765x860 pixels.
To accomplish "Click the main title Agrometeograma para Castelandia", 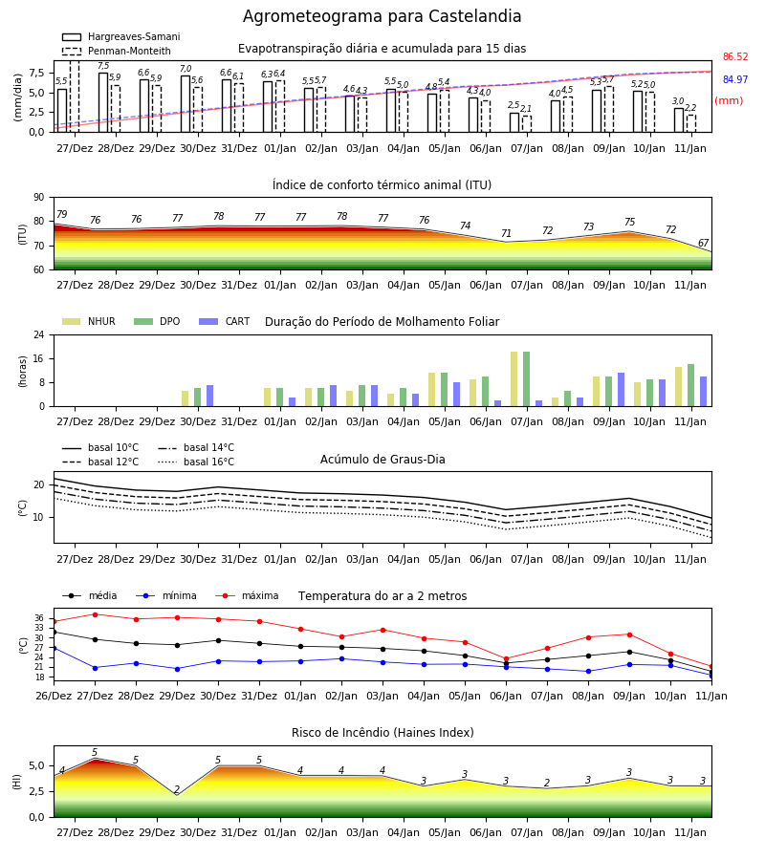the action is pos(382,16).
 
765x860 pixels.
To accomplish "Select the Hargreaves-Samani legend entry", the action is pos(120,36).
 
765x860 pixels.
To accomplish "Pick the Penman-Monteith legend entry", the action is pos(117,51).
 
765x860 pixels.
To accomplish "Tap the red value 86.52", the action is pos(734,57).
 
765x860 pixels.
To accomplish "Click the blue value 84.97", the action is pos(734,79).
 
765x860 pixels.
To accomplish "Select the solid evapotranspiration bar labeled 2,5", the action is pos(514,122).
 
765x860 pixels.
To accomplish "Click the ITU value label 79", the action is pos(61,214).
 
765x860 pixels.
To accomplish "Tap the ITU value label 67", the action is pos(703,243).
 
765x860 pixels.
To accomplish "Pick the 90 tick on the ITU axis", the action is pos(39,198).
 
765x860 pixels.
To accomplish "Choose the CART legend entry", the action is pos(224,321).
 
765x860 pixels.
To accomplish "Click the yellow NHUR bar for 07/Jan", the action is pos(514,379).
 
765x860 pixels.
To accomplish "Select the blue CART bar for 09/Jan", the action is pos(622,390).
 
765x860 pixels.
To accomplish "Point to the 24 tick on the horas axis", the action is pos(39,334).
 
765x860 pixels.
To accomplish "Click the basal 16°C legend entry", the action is pos(196,462).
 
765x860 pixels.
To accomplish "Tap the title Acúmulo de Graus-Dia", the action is pos(382,460).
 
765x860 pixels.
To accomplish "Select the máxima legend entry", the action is pos(247,595).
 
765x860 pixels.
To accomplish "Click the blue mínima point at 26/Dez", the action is pos(54,648).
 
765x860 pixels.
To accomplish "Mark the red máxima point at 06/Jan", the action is pos(506,658).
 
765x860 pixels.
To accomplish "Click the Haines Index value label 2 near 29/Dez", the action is pos(177,790).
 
